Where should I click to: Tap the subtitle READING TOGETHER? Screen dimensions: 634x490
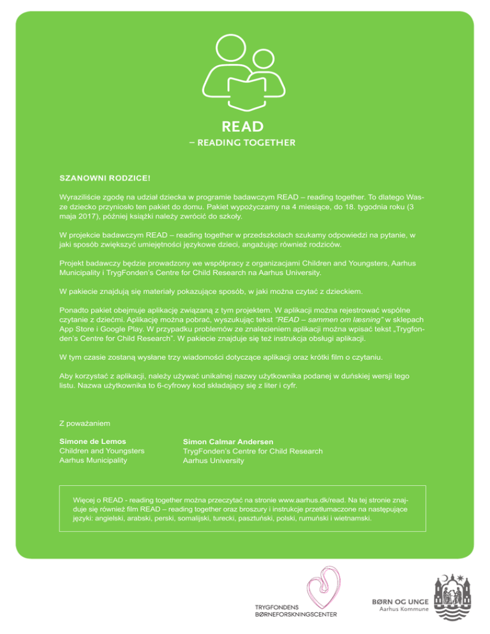pyautogui.click(x=245, y=143)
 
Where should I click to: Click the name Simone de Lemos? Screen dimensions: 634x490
pyautogui.click(x=92, y=441)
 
